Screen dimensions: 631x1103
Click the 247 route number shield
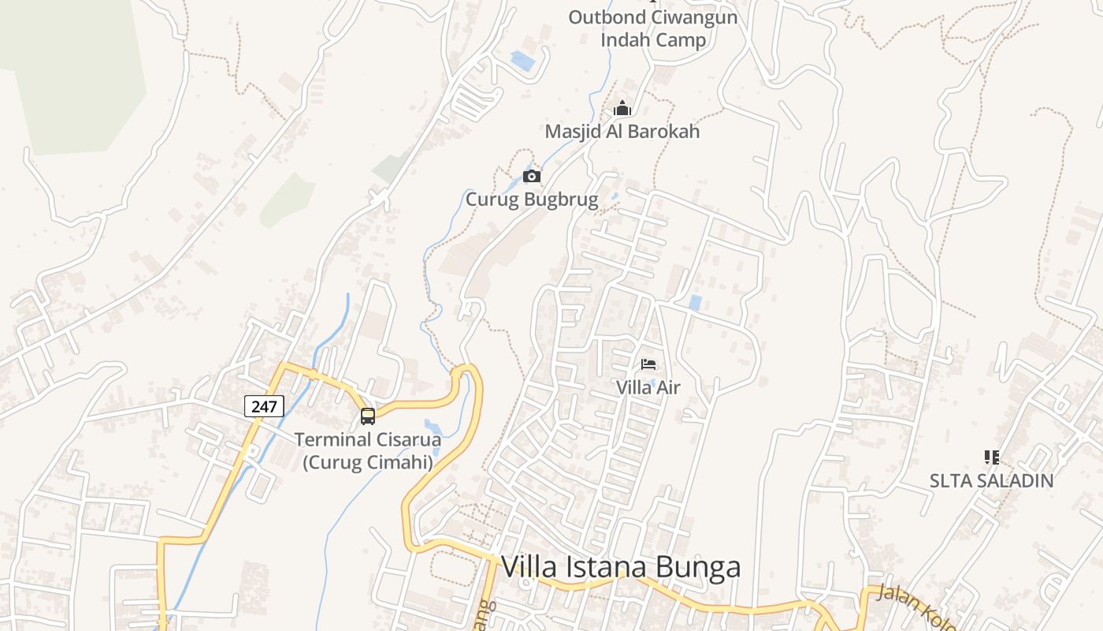264,406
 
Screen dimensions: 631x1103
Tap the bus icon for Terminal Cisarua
368,416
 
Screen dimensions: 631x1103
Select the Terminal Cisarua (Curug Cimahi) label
368,450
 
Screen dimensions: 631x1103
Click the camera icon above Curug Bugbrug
532,176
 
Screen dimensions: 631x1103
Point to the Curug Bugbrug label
532,200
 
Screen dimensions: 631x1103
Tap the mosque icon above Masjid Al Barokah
622,109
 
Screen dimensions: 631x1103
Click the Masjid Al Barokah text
622,132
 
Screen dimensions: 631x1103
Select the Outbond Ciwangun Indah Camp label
653,28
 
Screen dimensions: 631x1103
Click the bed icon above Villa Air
648,364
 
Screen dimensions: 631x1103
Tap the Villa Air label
648,387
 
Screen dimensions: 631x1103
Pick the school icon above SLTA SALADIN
991,457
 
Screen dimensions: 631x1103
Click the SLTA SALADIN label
991,480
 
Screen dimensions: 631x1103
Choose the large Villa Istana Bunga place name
621,567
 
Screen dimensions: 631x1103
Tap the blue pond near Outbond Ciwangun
522,60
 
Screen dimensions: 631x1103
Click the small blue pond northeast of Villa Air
695,302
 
